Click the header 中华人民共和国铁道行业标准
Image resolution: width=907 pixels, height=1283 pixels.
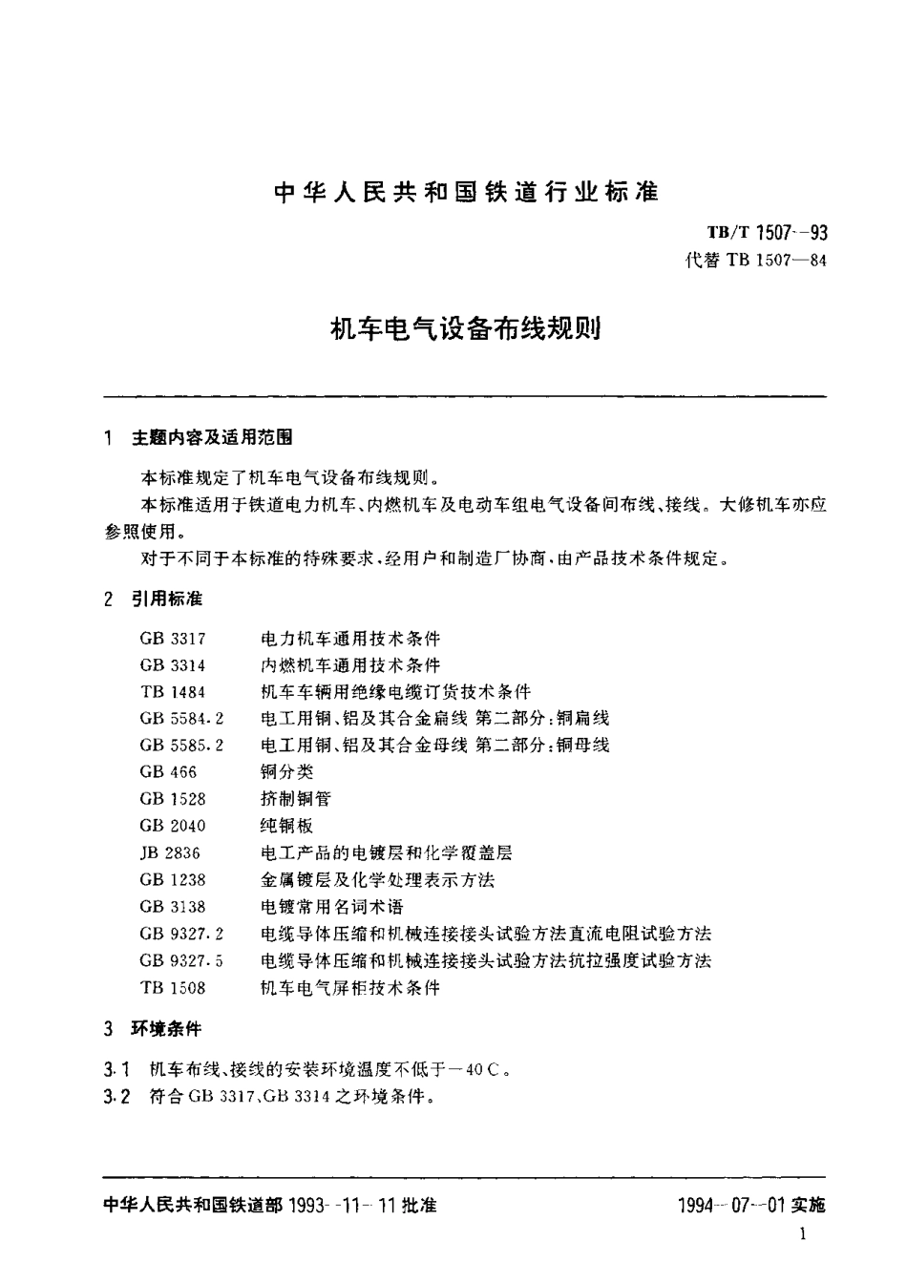(x=466, y=191)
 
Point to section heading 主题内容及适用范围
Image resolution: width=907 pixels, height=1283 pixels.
(x=212, y=437)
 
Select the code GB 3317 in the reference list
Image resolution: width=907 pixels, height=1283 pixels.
(x=173, y=638)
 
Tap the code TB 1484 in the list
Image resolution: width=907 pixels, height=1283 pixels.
(x=173, y=691)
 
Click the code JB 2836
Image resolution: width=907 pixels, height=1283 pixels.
(x=170, y=852)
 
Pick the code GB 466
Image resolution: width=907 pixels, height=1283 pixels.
(x=166, y=771)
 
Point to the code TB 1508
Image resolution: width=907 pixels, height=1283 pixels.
(x=173, y=988)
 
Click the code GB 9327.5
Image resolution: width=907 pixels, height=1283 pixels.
(x=181, y=960)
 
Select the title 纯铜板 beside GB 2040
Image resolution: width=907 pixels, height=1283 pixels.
(x=286, y=825)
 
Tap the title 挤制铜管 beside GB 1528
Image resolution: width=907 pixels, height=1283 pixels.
(x=295, y=798)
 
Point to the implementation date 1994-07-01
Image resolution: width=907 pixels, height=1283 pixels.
(x=730, y=1205)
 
